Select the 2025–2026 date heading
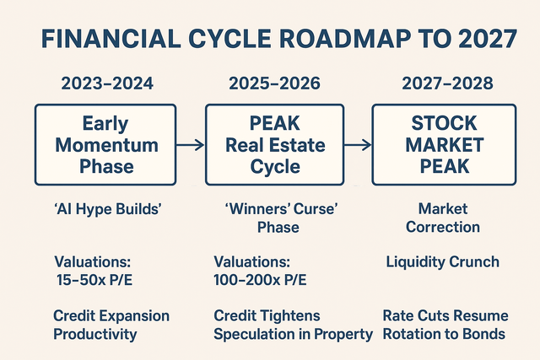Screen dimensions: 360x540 coord(275,84)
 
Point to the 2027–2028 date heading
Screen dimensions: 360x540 coord(444,84)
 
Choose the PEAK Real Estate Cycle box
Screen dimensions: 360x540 coord(276,144)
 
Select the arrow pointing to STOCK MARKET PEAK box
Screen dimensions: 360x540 coord(359,145)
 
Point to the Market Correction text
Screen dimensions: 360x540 coord(444,217)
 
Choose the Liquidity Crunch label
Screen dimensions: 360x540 coord(444,262)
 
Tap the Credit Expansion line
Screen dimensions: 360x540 coord(111,316)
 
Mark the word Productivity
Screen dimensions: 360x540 coord(95,334)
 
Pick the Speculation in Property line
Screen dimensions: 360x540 coord(293,334)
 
